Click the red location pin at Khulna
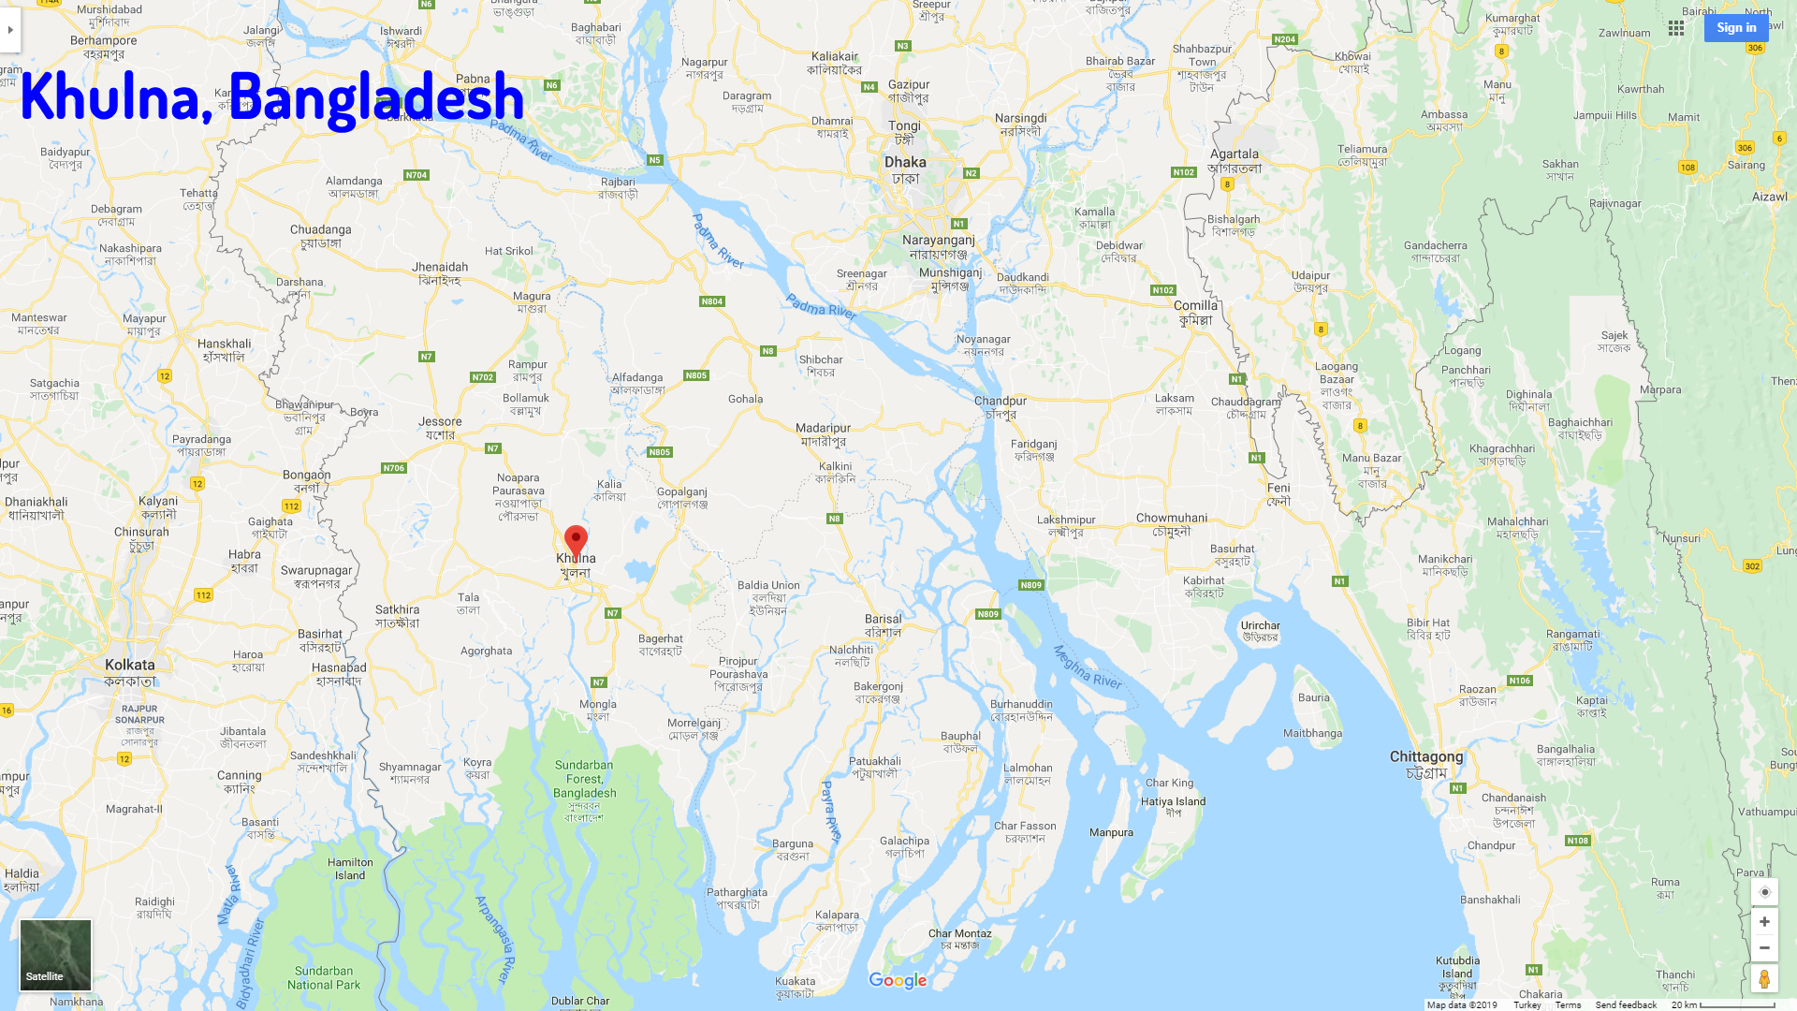576,541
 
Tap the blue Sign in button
1735,28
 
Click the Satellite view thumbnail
56,955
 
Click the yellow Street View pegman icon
1764,979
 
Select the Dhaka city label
905,163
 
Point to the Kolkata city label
130,666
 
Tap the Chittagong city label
1425,757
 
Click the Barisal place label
884,620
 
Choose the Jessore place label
440,422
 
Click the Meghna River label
1087,667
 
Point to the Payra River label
832,812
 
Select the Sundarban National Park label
324,978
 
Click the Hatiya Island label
1173,802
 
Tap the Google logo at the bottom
898,980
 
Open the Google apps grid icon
1676,28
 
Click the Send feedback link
1626,1005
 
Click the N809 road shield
1030,585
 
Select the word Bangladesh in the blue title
376,97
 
